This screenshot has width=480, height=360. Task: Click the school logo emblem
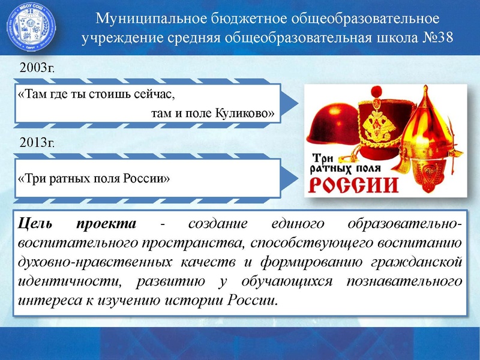[x=31, y=28]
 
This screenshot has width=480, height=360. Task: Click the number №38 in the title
[x=437, y=38]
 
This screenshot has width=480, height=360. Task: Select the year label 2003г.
[x=37, y=68]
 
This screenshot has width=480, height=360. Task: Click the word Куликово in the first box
[x=245, y=112]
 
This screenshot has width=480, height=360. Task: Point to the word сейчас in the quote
[x=152, y=95]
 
